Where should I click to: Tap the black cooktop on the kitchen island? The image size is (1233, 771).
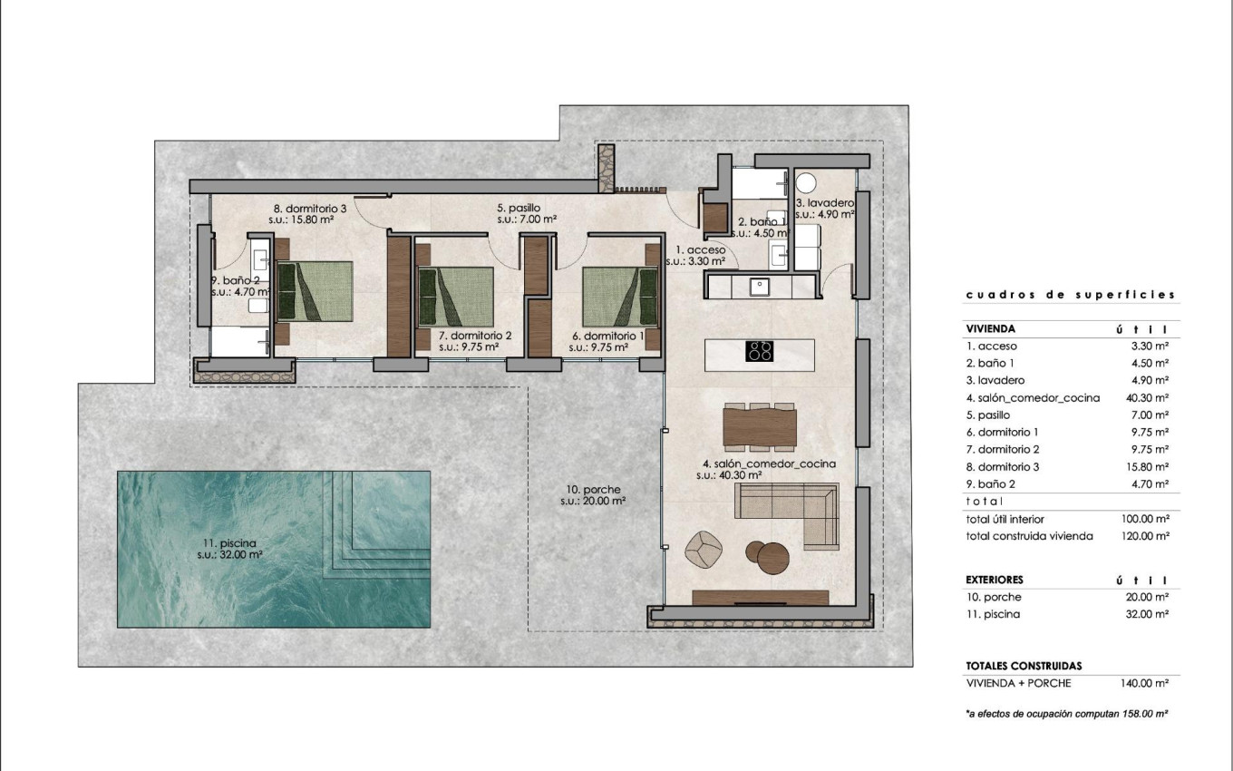[x=759, y=351]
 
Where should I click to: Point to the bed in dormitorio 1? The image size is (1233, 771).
[x=620, y=296]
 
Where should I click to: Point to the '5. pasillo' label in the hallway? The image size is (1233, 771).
[x=519, y=207]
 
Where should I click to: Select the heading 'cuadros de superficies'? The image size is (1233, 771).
[x=1070, y=295]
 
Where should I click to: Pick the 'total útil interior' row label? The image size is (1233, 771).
[x=1005, y=519]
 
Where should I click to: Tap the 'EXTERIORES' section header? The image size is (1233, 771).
[x=995, y=580]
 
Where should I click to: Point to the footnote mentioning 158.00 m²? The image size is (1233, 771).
[x=1066, y=715]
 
